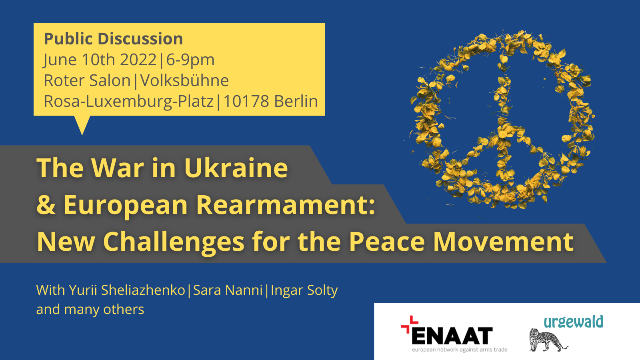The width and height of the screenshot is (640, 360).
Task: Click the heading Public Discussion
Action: click(x=113, y=39)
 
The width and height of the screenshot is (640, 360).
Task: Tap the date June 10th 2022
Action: click(x=100, y=60)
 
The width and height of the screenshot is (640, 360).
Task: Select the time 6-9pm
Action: click(x=190, y=60)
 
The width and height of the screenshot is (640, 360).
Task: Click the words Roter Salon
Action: click(x=87, y=81)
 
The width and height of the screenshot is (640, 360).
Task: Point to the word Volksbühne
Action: click(x=184, y=81)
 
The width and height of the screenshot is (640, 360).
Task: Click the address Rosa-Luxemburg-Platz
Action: click(x=128, y=102)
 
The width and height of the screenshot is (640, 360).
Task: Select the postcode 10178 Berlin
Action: click(x=270, y=102)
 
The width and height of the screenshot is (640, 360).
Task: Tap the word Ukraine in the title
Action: click(x=236, y=168)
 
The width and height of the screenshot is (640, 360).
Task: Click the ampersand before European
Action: click(x=46, y=205)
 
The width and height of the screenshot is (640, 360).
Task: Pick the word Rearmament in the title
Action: click(x=286, y=205)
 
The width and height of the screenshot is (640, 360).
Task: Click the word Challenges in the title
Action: click(x=174, y=242)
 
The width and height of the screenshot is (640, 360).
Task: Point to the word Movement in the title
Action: click(x=504, y=242)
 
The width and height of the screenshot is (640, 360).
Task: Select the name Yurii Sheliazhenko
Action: click(x=127, y=290)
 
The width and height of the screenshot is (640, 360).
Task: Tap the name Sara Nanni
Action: click(x=228, y=290)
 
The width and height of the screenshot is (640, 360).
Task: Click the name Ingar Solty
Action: click(x=304, y=290)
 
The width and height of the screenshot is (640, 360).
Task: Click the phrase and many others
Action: click(x=90, y=310)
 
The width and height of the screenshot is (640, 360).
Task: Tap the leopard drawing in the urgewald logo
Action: click(x=546, y=340)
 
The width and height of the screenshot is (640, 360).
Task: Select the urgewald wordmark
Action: click(x=573, y=322)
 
